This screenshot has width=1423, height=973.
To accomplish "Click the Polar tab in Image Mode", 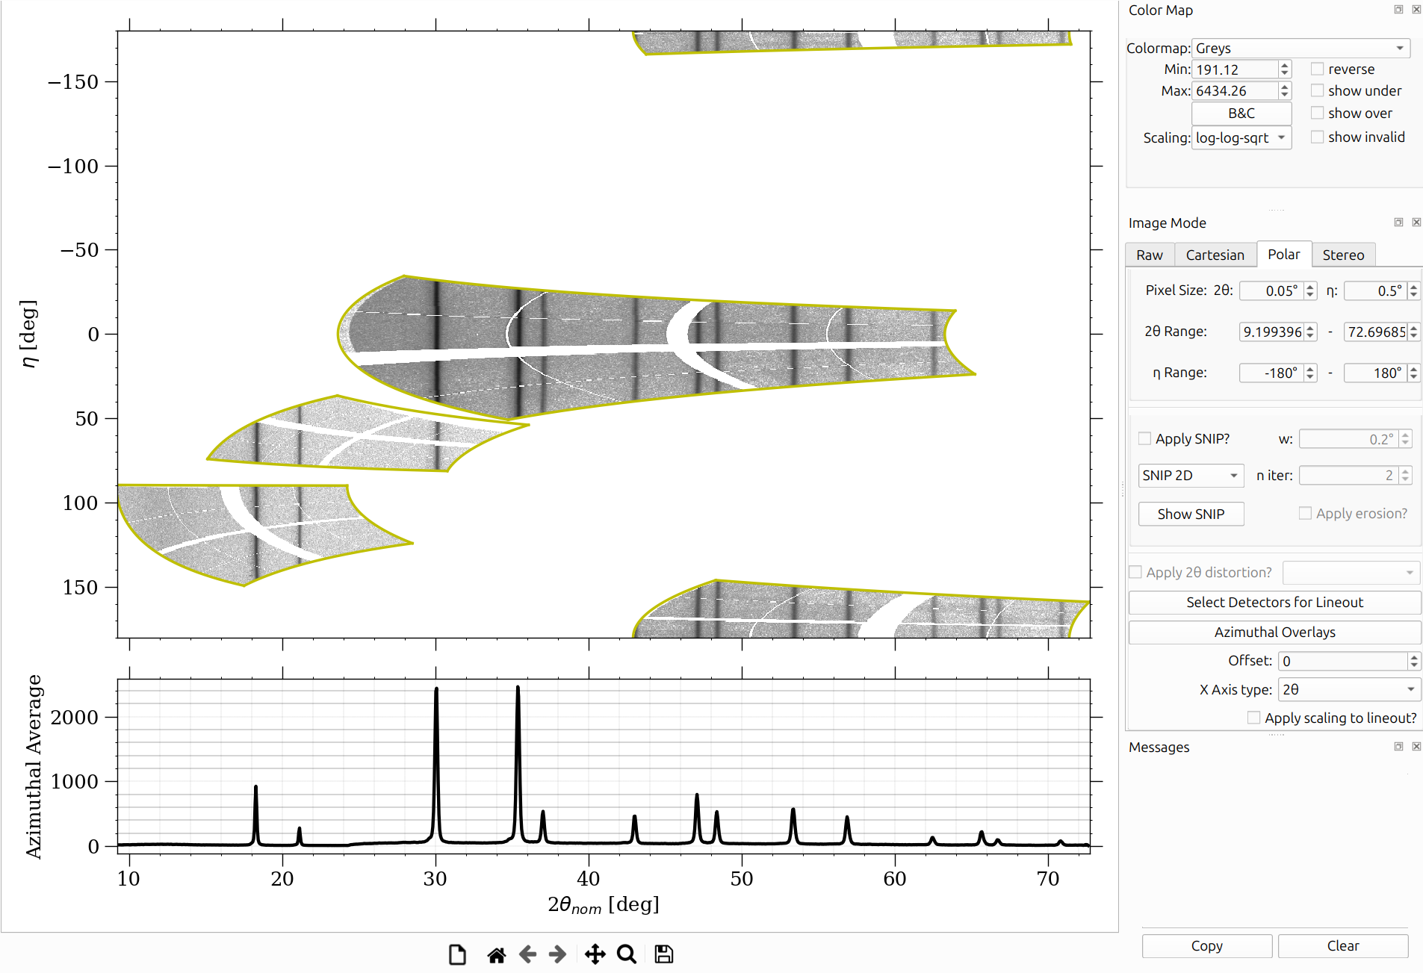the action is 1283,255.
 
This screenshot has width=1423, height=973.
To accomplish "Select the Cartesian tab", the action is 1215,255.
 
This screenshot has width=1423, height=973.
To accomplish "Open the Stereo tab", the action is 1343,255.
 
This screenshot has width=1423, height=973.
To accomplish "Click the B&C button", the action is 1241,114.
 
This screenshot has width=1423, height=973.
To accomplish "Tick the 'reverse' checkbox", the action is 1318,69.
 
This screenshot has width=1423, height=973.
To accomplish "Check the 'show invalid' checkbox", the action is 1318,137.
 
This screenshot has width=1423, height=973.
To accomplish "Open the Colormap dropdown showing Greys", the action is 1300,49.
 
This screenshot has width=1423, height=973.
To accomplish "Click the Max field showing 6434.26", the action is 1236,91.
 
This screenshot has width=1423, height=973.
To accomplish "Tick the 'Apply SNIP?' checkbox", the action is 1144,438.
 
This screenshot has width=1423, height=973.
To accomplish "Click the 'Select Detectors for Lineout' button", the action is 1274,603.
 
